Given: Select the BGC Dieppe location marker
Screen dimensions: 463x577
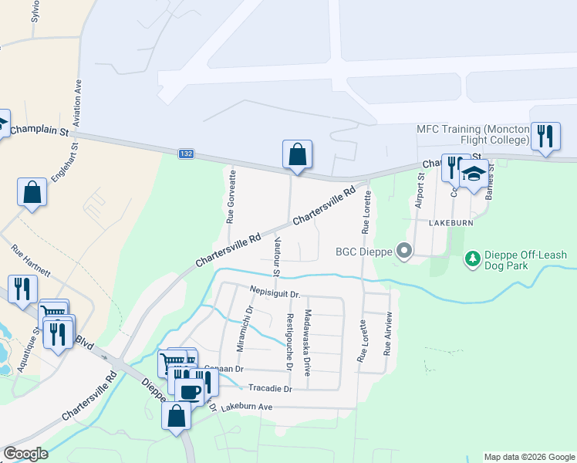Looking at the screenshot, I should pos(402,251).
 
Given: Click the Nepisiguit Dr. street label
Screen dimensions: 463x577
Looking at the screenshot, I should pos(278,292).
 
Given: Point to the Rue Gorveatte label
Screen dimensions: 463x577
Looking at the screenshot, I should pos(230,197).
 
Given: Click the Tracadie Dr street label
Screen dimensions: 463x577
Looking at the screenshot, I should pos(268,388).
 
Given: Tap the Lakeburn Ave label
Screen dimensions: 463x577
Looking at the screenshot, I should pos(247,407).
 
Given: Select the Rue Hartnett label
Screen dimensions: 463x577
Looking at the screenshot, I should pos(31,262).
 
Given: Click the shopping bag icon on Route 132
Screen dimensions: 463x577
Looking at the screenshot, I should pos(297,154).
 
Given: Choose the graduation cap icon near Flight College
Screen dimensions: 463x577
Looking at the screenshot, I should pos(474,173).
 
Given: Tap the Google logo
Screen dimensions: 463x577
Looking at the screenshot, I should pos(25,454).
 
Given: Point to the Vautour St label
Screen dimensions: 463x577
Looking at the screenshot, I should pos(276,258).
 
